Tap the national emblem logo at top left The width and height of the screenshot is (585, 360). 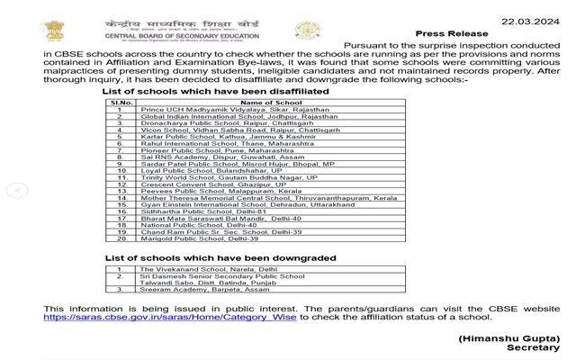click(53, 29)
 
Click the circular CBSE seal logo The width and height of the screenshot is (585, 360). click(308, 31)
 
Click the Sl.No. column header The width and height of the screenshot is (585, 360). click(121, 103)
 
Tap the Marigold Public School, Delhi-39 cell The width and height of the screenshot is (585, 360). click(199, 238)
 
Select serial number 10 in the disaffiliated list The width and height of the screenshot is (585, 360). click(121, 170)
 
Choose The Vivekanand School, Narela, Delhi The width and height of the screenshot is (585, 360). click(209, 269)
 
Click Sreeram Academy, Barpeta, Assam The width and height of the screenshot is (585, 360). click(204, 290)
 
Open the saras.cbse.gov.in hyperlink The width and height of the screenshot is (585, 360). click(170, 318)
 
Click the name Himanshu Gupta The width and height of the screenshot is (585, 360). click(508, 337)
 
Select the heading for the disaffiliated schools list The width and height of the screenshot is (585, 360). click(215, 91)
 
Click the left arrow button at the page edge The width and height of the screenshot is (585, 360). click(17, 190)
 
